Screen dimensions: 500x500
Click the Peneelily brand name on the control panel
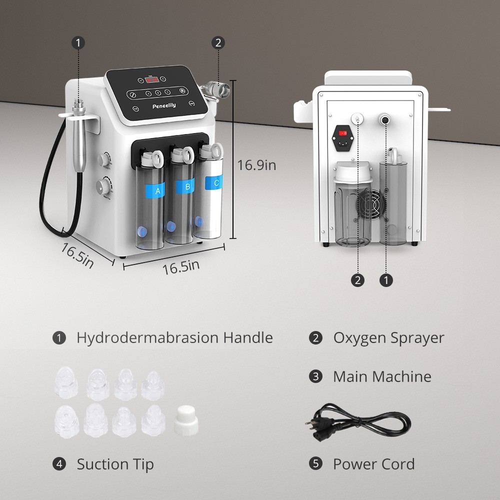tap(164, 105)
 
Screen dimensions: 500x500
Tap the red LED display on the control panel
tap(152, 79)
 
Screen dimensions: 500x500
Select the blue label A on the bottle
tap(155, 190)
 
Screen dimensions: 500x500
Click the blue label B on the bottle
tap(185, 186)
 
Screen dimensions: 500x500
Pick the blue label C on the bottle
tap(213, 182)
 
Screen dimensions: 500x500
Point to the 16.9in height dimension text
tap(256, 165)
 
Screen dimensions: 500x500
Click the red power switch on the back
tap(343, 133)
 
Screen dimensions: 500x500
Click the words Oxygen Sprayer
tap(388, 338)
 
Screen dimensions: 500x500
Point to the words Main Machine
tap(382, 376)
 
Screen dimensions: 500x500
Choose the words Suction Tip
tap(115, 464)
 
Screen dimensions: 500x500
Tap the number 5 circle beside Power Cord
tap(315, 463)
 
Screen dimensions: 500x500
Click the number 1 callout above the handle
tap(78, 42)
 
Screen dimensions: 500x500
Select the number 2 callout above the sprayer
tap(218, 42)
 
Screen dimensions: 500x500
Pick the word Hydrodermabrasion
tap(147, 337)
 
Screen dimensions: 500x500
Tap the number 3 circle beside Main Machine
tap(315, 376)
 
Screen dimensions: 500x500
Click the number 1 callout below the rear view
tap(386, 280)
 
